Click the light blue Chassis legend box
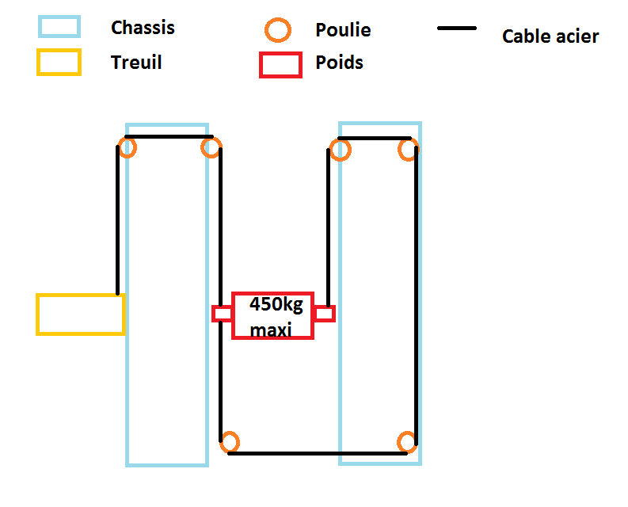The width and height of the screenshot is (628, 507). point(59,27)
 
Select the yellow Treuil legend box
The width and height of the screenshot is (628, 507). point(59,62)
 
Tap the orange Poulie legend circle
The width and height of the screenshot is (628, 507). point(277,31)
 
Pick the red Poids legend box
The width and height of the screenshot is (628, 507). point(280,64)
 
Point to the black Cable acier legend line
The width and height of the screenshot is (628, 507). point(456,29)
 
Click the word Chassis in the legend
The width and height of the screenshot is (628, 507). point(143,28)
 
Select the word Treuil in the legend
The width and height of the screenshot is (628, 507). point(136,63)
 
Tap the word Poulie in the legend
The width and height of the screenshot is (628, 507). point(343,31)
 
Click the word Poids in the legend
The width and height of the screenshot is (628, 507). point(339,63)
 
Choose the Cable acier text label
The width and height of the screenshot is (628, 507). point(550,36)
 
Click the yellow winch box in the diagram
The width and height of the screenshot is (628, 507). point(80,314)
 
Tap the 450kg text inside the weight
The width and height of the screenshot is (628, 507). point(276,305)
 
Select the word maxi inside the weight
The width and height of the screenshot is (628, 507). point(270,329)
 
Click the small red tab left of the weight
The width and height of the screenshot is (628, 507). point(222,314)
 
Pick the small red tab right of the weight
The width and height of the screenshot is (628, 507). point(325,314)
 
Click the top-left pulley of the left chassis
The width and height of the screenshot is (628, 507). point(128,147)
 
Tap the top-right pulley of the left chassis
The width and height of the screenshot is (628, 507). point(211,147)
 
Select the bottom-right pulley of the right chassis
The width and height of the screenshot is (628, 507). point(407,442)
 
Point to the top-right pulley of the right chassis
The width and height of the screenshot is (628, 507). point(408,150)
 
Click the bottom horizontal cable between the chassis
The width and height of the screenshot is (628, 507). point(317,453)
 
